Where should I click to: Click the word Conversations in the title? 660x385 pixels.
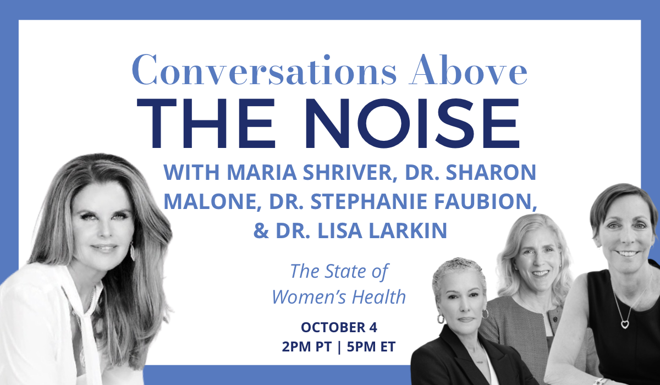tap(265, 70)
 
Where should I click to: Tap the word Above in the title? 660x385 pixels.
tap(468, 69)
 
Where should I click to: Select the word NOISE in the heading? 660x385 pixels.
tap(412, 123)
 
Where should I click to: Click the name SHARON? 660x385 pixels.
tap(491, 172)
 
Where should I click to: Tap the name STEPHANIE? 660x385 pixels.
tap(369, 201)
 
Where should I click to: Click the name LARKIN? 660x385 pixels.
tap(408, 230)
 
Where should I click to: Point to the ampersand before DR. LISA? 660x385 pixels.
tap(261, 230)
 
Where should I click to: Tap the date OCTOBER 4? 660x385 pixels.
tap(339, 328)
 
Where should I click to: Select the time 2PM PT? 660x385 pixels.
tap(307, 346)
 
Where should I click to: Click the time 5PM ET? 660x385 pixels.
tap(371, 346)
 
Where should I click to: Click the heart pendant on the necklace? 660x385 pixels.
tap(625, 324)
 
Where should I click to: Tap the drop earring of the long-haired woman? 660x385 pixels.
tap(133, 251)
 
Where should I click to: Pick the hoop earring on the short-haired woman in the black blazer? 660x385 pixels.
tap(441, 318)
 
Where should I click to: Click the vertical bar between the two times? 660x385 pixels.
tap(339, 347)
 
